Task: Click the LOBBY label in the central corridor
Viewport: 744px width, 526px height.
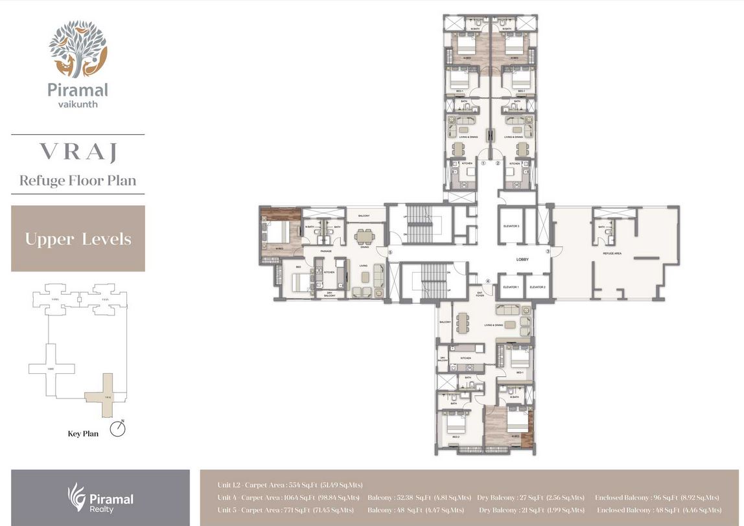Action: [x=522, y=259]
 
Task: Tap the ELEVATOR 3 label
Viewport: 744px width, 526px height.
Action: [x=511, y=226]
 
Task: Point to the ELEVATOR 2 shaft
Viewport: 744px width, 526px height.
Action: [x=537, y=287]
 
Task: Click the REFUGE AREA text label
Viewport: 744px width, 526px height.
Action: [x=612, y=253]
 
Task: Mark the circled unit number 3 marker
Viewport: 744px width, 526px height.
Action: [x=548, y=251]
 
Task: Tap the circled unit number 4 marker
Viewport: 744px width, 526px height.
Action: [x=489, y=281]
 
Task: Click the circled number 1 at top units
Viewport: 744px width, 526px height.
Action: [x=483, y=164]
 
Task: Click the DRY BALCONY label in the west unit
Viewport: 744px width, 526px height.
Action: [x=330, y=293]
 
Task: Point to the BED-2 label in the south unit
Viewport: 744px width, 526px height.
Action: [x=455, y=437]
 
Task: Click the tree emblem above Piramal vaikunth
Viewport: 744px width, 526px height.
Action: [x=78, y=49]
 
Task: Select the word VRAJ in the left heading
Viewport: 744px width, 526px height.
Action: [x=78, y=152]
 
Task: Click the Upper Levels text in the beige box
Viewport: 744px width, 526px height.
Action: [x=78, y=239]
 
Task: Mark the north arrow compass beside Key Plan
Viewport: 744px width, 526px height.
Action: [x=117, y=429]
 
